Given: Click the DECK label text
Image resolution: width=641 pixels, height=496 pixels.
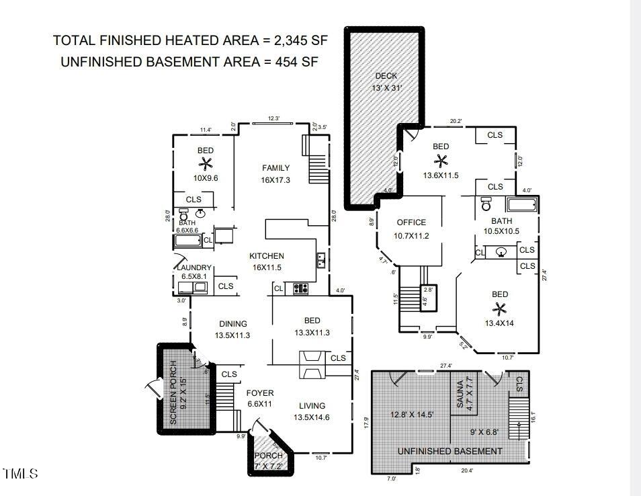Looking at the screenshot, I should click(x=386, y=76).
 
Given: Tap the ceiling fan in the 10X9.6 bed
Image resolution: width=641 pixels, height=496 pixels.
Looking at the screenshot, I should click(x=206, y=163).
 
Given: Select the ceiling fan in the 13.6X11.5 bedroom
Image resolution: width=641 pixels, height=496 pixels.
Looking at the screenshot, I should click(x=441, y=160).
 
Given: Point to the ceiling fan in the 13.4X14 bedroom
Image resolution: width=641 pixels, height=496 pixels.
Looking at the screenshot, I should click(x=499, y=308).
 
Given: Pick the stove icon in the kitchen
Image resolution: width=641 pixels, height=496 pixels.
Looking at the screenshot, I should click(x=300, y=289).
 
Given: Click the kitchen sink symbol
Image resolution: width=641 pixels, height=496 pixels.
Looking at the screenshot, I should click(x=321, y=259).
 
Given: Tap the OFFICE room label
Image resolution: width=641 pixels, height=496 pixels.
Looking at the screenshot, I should click(x=411, y=222).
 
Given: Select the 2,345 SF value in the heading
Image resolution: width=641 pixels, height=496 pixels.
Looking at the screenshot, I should click(x=300, y=40).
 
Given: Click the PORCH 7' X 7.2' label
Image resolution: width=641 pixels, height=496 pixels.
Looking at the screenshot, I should click(x=269, y=460).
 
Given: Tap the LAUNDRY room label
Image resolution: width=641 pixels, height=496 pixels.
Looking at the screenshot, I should click(x=194, y=267).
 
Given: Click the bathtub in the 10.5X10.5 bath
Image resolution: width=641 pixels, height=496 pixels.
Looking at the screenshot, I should click(x=521, y=205).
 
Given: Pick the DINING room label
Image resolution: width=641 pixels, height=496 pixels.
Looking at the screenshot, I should click(x=232, y=324).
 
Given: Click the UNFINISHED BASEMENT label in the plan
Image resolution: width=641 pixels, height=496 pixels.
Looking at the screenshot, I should click(x=450, y=451).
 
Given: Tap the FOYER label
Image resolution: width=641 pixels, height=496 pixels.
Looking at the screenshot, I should click(x=260, y=393).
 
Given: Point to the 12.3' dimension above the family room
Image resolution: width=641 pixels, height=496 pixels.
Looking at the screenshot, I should click(x=273, y=119).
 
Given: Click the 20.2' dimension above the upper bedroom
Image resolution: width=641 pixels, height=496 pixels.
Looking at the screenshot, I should click(x=455, y=122).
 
